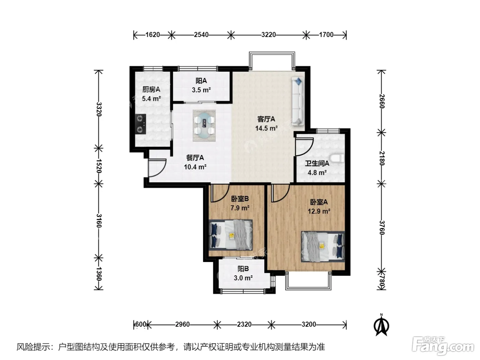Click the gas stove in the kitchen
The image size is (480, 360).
[140, 124]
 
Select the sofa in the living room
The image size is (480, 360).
[298, 101]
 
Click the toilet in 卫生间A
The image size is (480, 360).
[337, 158]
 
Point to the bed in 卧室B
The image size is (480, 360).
[231, 235]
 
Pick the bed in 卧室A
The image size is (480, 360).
[323, 246]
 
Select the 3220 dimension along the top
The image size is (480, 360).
[268, 35]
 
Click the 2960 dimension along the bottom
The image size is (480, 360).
[182, 324]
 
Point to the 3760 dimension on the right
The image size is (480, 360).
[382, 228]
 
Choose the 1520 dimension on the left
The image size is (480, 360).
[99, 166]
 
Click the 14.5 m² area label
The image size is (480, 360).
[266, 128]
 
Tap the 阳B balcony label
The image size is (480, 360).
[243, 269]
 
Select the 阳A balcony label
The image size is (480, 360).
[201, 81]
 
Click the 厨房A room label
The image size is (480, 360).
[151, 89]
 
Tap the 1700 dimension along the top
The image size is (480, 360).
[326, 35]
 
